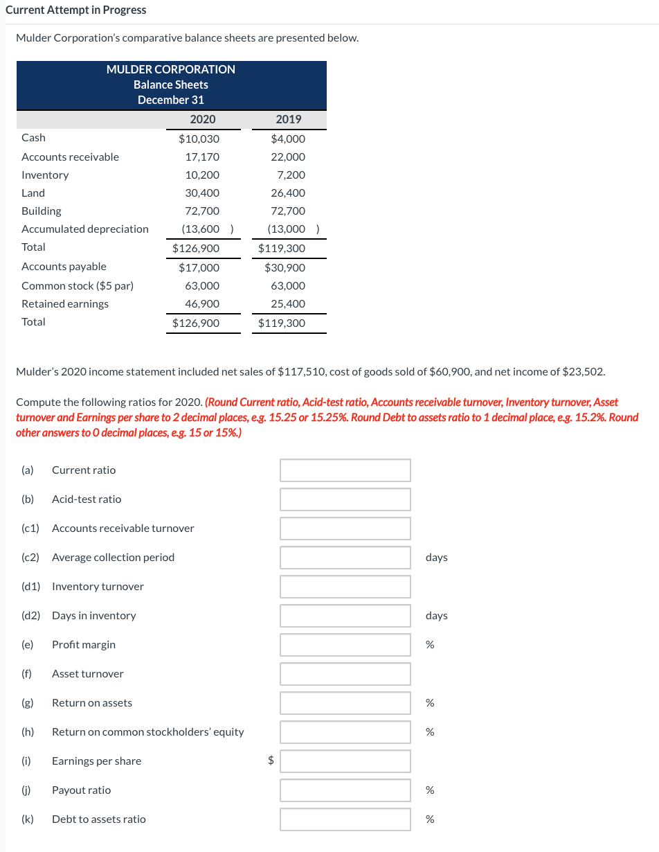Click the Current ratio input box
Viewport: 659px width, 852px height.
coord(345,470)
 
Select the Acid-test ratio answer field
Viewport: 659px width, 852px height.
coord(345,499)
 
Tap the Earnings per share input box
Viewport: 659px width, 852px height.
coord(345,761)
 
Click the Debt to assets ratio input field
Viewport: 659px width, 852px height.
coord(345,819)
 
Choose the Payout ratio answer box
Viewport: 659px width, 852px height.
coord(345,790)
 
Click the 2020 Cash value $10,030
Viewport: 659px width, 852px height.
coord(199,139)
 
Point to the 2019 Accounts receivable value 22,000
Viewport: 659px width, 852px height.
coord(288,157)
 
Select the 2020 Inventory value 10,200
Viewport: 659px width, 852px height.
coord(202,175)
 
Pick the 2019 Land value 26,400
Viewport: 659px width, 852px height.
coord(288,193)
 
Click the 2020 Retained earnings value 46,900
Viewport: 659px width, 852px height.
coord(202,304)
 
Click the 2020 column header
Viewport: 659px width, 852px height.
coord(202,119)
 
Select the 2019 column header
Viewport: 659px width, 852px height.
coord(288,119)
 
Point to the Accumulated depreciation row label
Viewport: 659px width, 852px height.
coord(85,229)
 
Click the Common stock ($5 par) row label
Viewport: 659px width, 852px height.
coord(78,286)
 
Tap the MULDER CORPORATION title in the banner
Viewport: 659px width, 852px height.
coord(170,69)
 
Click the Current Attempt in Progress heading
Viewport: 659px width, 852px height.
coord(76,10)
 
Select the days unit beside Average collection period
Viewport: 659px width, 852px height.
coord(436,558)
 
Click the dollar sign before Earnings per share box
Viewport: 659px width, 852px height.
coord(271,761)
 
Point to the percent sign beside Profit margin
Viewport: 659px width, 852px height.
coord(430,645)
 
